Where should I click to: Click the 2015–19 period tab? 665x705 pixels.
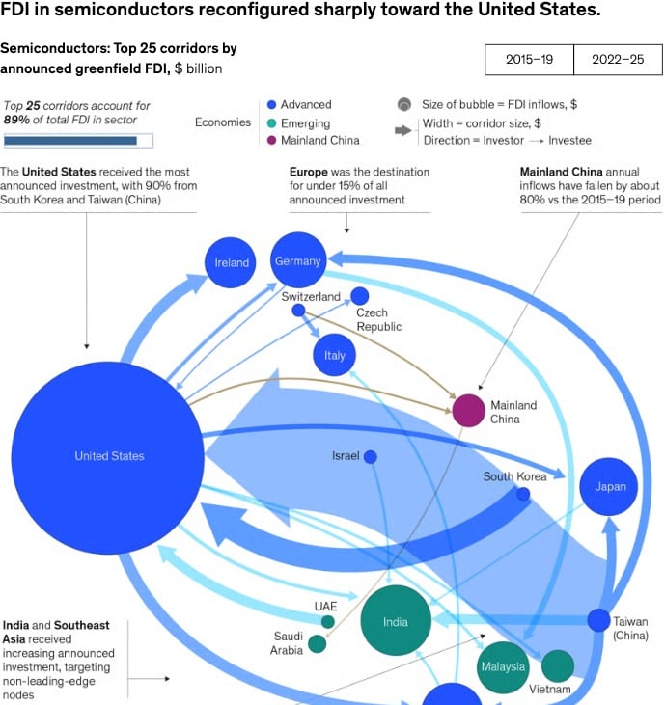pyautogui.click(x=529, y=60)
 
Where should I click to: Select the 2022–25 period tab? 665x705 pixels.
pyautogui.click(x=619, y=60)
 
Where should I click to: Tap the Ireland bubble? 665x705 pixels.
pyautogui.click(x=231, y=262)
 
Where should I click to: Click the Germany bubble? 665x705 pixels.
pyautogui.click(x=298, y=259)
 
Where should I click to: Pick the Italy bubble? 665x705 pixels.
pyautogui.click(x=334, y=355)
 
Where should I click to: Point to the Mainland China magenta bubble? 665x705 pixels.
pyautogui.click(x=468, y=411)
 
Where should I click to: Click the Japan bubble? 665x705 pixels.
pyautogui.click(x=609, y=486)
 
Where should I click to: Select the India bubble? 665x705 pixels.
pyautogui.click(x=396, y=620)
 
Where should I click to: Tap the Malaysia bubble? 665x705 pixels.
pyautogui.click(x=503, y=667)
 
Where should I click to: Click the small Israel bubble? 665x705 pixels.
pyautogui.click(x=371, y=457)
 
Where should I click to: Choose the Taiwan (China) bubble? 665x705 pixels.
pyautogui.click(x=598, y=620)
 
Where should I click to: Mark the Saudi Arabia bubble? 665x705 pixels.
pyautogui.click(x=318, y=644)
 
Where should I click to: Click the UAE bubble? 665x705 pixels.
pyautogui.click(x=328, y=622)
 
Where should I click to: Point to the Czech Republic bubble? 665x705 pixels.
pyautogui.click(x=359, y=296)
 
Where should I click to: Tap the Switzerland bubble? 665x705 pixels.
pyautogui.click(x=298, y=311)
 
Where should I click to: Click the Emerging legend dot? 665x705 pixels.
pyautogui.click(x=271, y=123)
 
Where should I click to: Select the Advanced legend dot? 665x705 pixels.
pyautogui.click(x=271, y=105)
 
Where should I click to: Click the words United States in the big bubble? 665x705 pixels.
pyautogui.click(x=109, y=456)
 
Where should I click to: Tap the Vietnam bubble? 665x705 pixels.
pyautogui.click(x=558, y=665)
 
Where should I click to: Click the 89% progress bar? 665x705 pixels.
pyautogui.click(x=78, y=141)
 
